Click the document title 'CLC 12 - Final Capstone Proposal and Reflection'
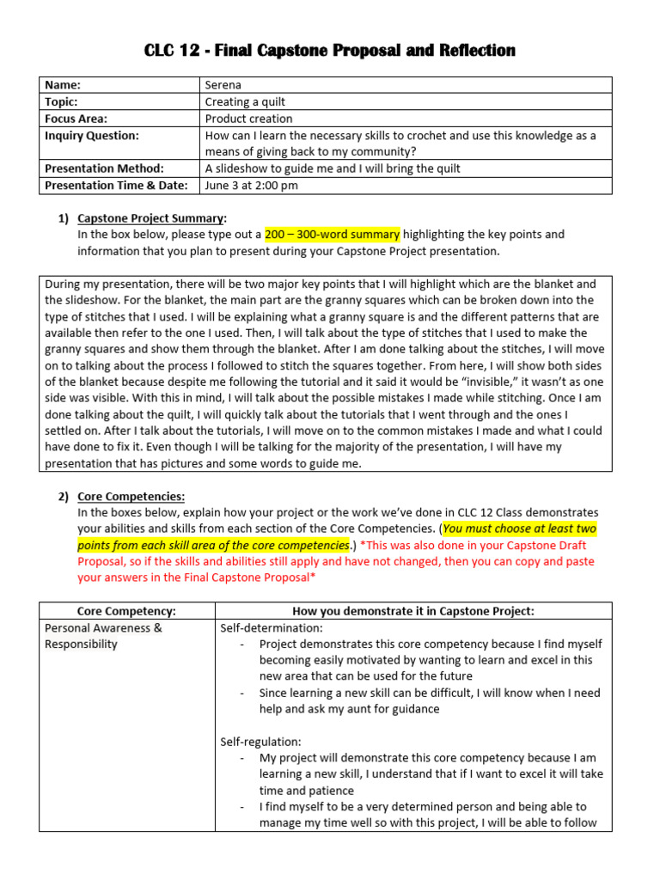point(330,51)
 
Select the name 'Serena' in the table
point(224,85)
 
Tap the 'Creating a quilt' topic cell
point(245,102)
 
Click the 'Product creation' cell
point(248,119)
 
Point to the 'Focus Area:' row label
point(76,119)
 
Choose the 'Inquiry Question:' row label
point(92,136)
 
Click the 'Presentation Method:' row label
point(104,168)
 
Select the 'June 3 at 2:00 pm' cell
point(252,185)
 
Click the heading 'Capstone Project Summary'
point(151,218)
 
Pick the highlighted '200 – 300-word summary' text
point(332,235)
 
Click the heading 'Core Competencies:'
point(131,496)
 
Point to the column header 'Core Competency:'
point(126,611)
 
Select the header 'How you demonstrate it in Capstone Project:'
point(413,611)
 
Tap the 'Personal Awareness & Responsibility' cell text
point(103,636)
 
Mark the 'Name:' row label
point(63,85)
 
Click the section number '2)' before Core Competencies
point(64,496)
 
